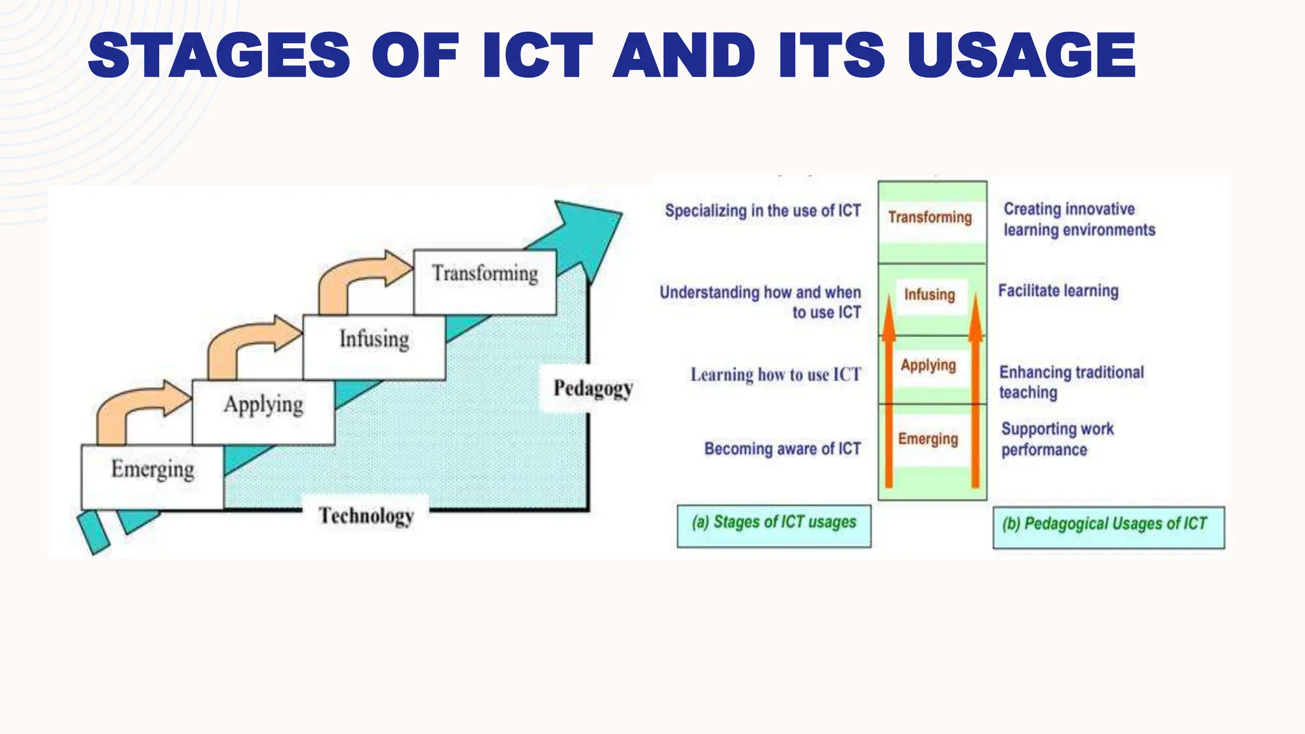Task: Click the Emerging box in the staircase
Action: pos(152,476)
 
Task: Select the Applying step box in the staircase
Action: pos(263,412)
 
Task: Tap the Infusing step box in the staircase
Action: pos(374,347)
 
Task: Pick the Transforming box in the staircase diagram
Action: pos(485,281)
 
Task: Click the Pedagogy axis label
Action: pos(593,388)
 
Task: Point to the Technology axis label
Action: pos(366,515)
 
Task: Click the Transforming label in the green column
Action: pos(930,217)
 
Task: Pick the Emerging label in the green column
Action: pos(928,439)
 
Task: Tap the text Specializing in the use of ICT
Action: pos(763,211)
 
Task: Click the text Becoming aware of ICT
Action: pos(782,449)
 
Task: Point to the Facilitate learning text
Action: pos(1058,291)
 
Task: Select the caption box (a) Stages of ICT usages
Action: pos(774,526)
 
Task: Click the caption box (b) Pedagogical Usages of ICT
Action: pos(1108,527)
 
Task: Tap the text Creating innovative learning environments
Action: pos(1079,219)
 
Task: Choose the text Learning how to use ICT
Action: pos(775,375)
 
